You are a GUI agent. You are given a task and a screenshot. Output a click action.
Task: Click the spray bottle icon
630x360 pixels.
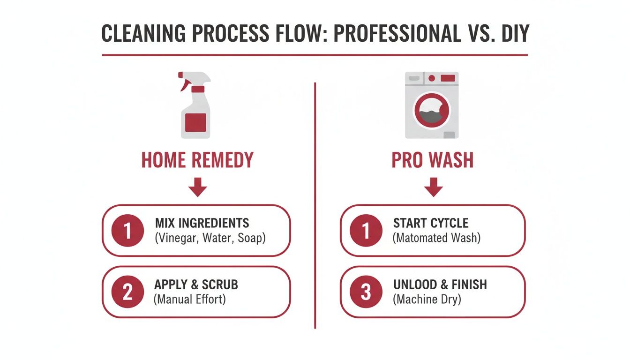point(195,105)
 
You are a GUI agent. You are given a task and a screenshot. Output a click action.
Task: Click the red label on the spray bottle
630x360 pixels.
point(195,122)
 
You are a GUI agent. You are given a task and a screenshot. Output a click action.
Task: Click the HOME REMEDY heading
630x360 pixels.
point(197,160)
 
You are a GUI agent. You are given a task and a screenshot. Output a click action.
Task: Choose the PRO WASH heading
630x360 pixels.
point(433,160)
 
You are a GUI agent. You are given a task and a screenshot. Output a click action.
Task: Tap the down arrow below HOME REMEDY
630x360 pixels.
point(197,188)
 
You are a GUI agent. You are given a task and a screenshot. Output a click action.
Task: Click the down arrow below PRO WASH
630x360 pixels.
point(433,188)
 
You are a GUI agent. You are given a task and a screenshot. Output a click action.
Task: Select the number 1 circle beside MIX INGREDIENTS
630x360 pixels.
point(127,230)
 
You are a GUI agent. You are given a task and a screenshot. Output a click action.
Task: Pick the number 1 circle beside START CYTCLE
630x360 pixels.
point(366,230)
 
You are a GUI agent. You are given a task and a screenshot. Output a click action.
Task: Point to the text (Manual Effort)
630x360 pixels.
point(190,300)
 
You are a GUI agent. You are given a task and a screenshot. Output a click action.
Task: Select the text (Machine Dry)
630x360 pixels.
point(427,300)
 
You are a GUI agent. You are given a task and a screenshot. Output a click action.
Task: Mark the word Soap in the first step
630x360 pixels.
point(251,238)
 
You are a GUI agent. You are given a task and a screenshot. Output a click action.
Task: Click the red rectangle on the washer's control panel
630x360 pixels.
point(448,78)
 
